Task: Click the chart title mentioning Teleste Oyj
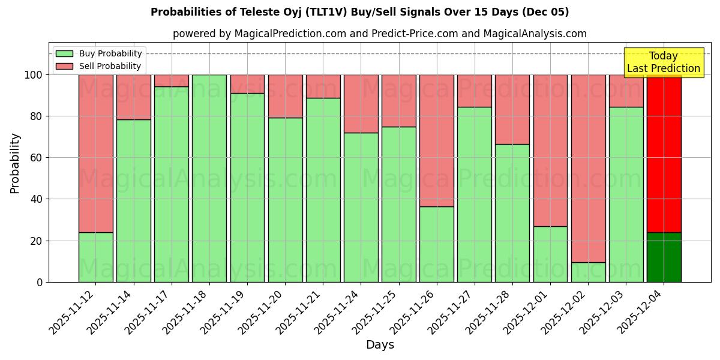click(x=359, y=12)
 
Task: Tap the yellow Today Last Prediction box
click(x=663, y=62)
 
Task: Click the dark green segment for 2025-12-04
click(x=664, y=257)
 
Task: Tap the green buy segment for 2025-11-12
click(x=96, y=257)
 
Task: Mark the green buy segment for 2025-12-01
click(x=550, y=254)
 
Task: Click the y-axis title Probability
click(x=15, y=163)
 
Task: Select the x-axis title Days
click(x=380, y=345)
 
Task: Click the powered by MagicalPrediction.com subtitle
click(x=379, y=34)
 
